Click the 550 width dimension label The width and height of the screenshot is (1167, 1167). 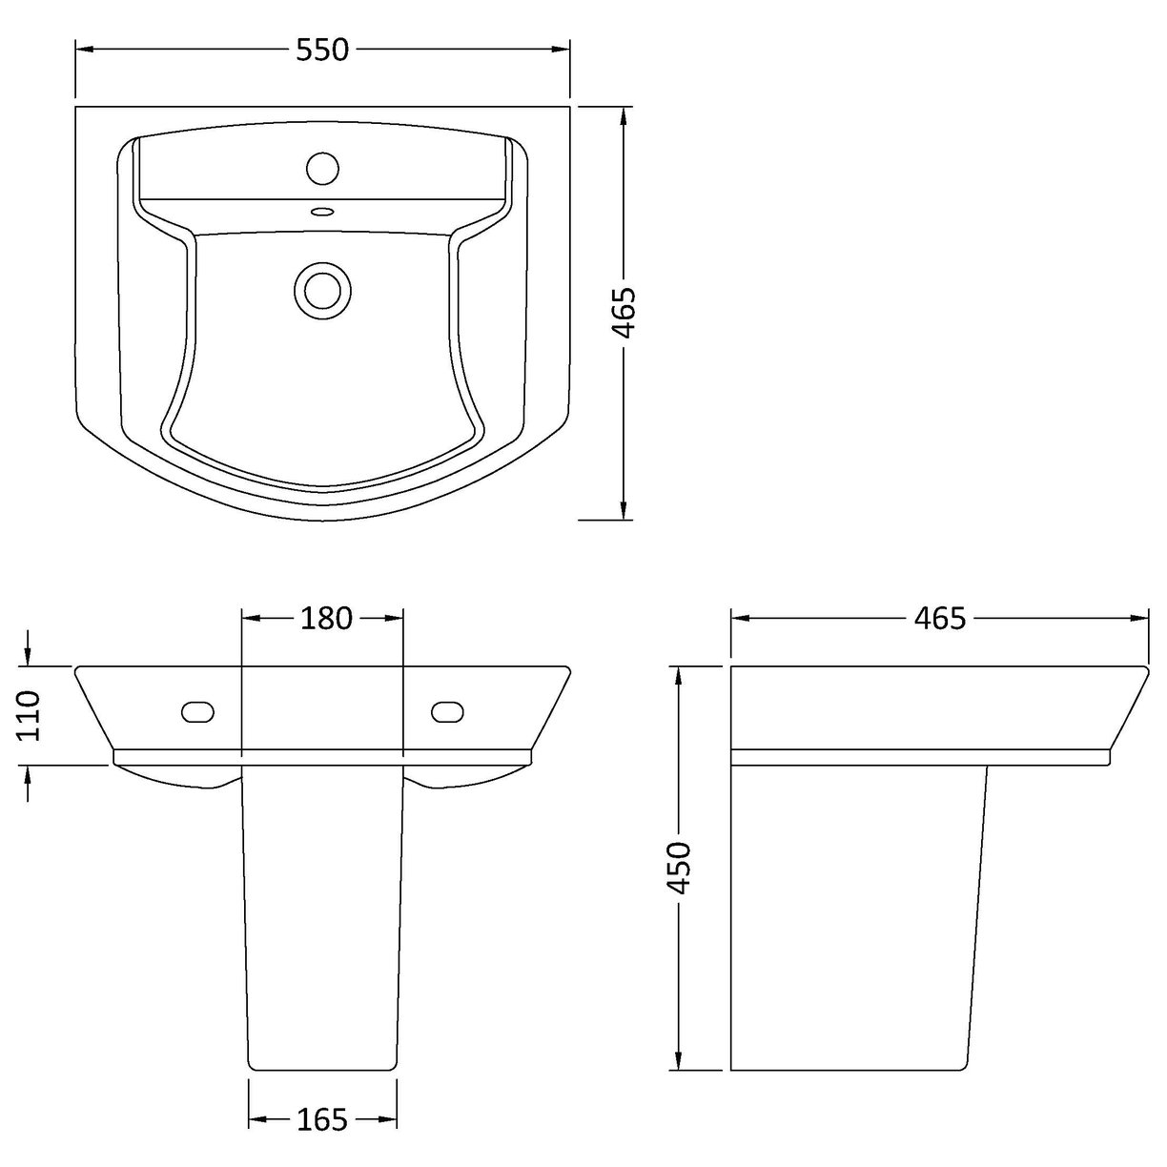click(322, 50)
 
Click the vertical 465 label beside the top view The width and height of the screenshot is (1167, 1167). click(624, 313)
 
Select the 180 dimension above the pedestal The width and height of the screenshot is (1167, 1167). click(326, 618)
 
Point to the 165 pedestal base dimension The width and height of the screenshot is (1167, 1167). click(322, 1120)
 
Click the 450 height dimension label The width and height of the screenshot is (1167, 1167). click(678, 869)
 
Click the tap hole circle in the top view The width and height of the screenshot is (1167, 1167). click(323, 169)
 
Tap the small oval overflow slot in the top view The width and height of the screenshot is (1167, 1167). click(323, 212)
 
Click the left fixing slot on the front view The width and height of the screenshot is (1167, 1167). click(198, 712)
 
